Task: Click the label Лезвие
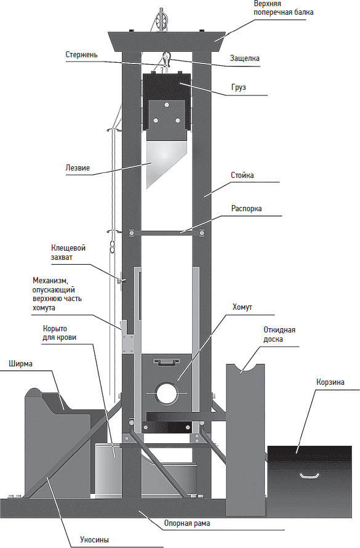tap(78, 168)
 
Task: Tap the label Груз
tap(239, 87)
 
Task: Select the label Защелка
tap(244, 58)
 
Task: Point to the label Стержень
tap(81, 55)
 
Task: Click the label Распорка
tap(247, 209)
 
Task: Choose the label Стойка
tap(242, 175)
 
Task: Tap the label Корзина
tap(330, 382)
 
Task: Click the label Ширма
tap(20, 364)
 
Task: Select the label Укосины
tap(94, 539)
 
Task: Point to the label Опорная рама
tap(187, 523)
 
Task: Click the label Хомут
tap(242, 307)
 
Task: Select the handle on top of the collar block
tap(167, 361)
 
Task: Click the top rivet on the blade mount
tap(167, 105)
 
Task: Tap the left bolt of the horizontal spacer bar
tap(132, 233)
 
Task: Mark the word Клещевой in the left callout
tap(68, 248)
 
